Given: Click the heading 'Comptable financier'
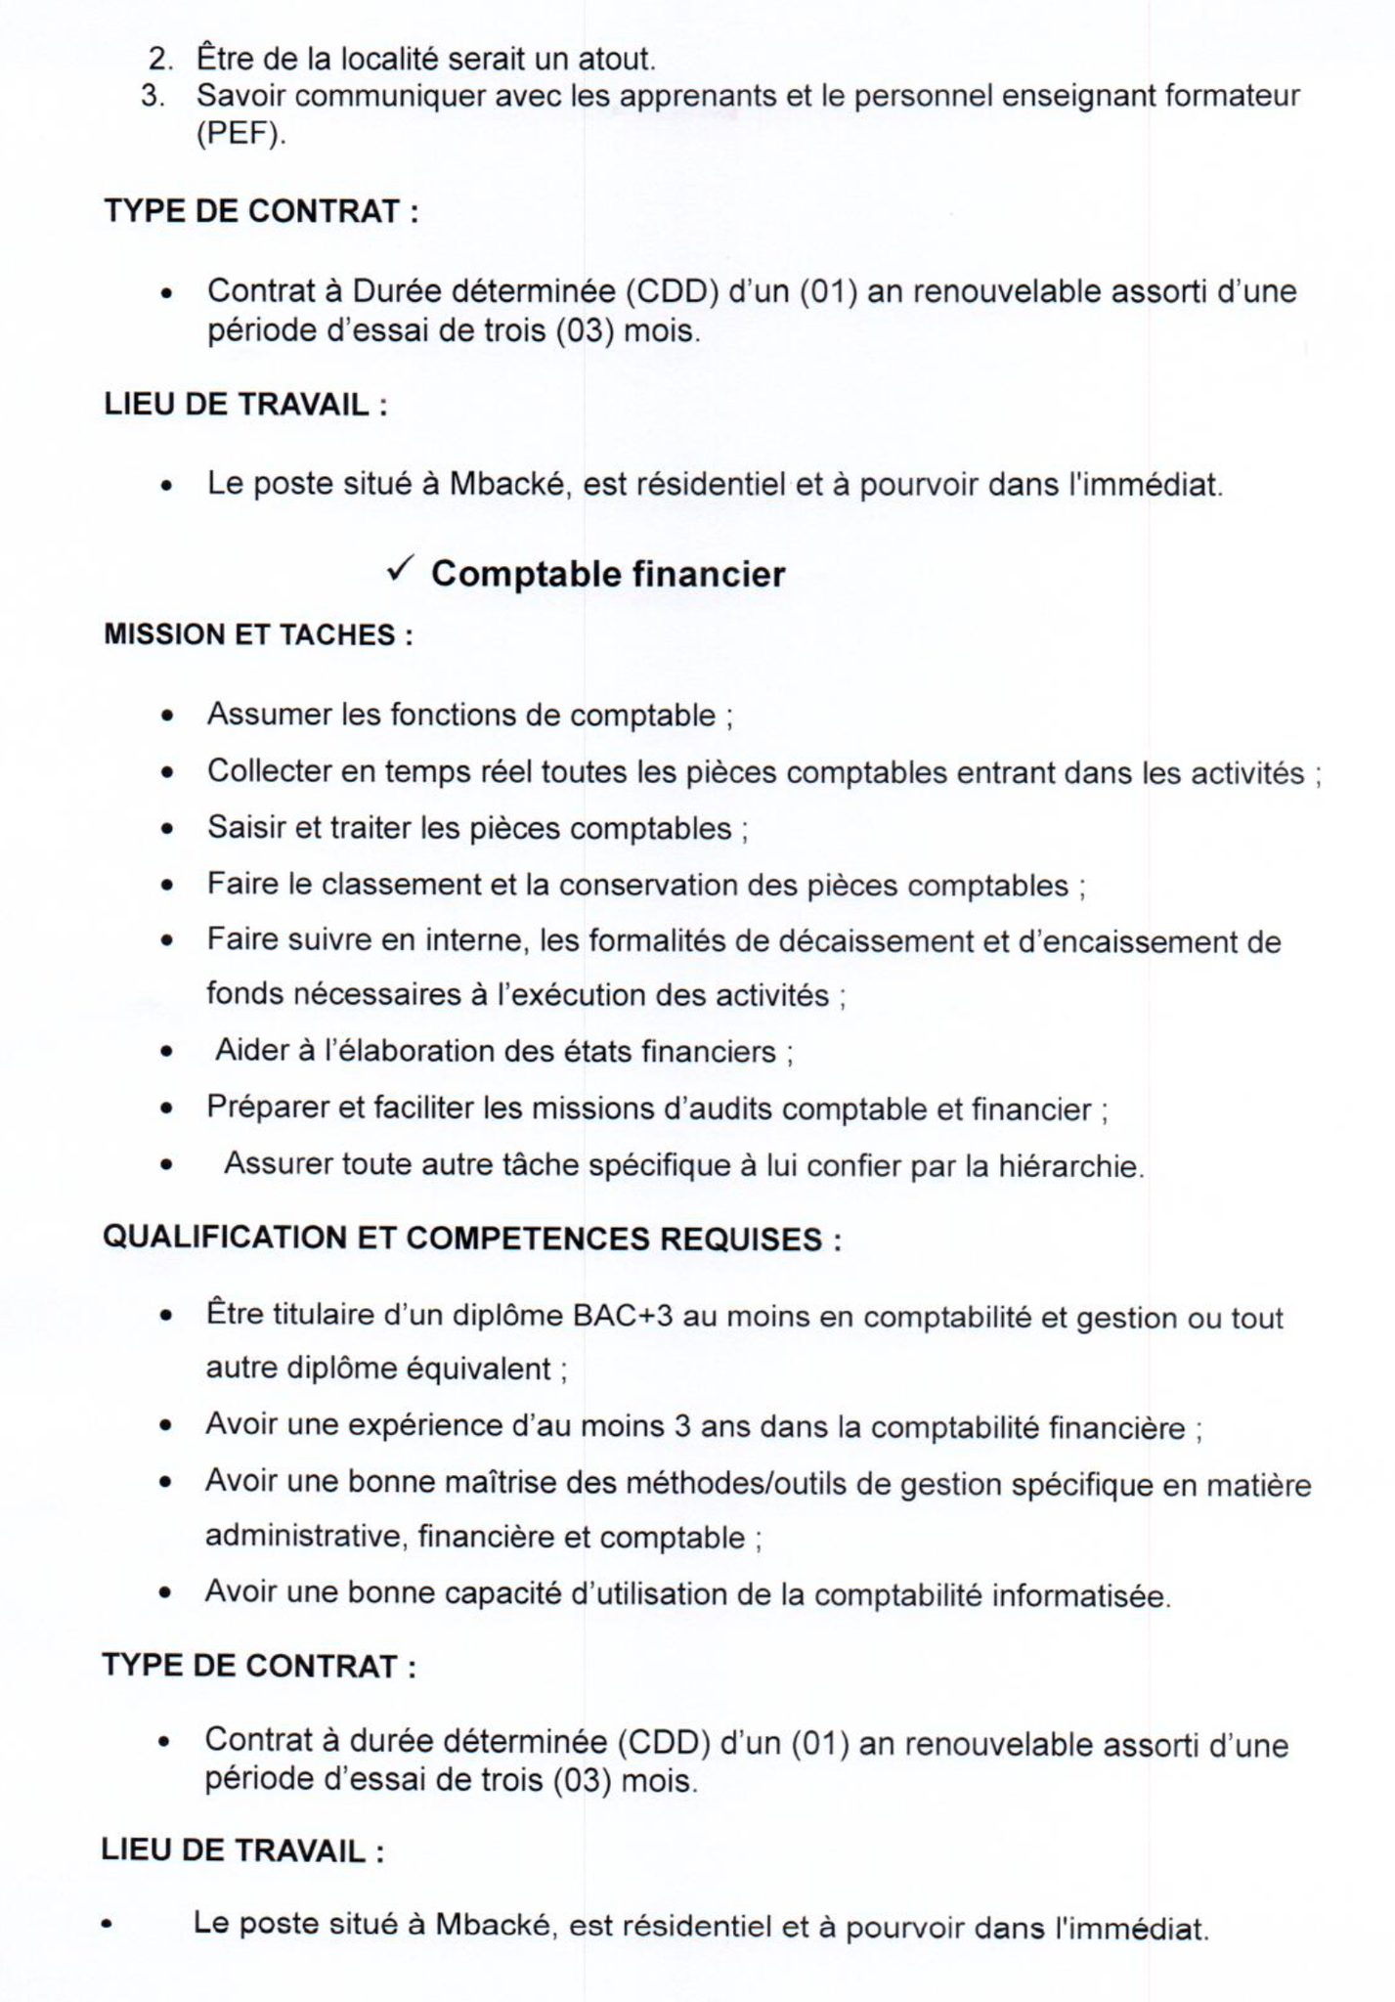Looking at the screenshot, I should pyautogui.click(x=608, y=574).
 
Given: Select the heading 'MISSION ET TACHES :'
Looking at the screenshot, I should pyautogui.click(x=258, y=635).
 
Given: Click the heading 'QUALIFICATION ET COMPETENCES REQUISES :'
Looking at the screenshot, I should pyautogui.click(x=472, y=1239).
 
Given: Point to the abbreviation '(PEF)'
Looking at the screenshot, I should pyautogui.click(x=241, y=134).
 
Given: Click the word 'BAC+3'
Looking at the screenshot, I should pyautogui.click(x=622, y=1316).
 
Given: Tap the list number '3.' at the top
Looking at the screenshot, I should pyautogui.click(x=155, y=96).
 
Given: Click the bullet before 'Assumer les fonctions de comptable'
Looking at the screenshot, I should pyautogui.click(x=168, y=717).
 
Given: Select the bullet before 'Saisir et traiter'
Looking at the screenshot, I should pyautogui.click(x=168, y=830).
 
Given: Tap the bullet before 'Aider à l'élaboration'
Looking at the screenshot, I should pyautogui.click(x=168, y=1054).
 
